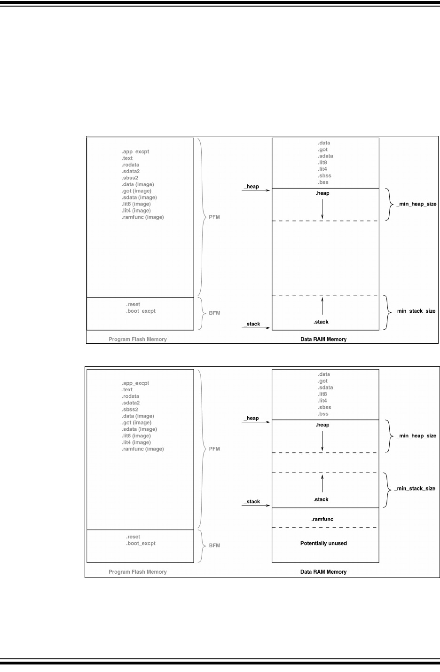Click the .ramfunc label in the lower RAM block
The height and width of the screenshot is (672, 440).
point(322,519)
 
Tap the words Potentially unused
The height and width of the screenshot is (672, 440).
point(323,543)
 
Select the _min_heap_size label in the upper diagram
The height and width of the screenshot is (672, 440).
point(416,204)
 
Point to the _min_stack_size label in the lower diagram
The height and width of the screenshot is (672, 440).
point(415,489)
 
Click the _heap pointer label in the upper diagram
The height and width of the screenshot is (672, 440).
point(251,187)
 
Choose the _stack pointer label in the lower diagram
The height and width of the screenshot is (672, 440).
point(252,502)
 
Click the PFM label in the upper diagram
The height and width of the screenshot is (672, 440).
point(214,217)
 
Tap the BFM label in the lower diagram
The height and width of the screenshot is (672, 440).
point(214,546)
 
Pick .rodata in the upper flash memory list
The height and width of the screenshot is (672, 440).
point(130,165)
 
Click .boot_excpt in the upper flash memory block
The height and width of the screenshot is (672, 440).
point(141,311)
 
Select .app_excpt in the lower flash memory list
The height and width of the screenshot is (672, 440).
point(135,383)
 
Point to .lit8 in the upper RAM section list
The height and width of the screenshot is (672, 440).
point(322,163)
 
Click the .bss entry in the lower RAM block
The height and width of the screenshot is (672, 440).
point(323,414)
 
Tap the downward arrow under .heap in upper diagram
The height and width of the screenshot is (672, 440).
point(322,209)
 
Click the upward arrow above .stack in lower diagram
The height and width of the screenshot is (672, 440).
point(322,483)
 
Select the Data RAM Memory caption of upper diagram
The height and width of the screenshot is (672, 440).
point(323,340)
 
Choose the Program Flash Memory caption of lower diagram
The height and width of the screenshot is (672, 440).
point(138,572)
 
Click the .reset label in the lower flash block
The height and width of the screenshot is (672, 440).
point(133,537)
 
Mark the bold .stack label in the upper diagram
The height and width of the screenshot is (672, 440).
point(321,322)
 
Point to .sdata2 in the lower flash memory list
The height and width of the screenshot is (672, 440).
point(131,403)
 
